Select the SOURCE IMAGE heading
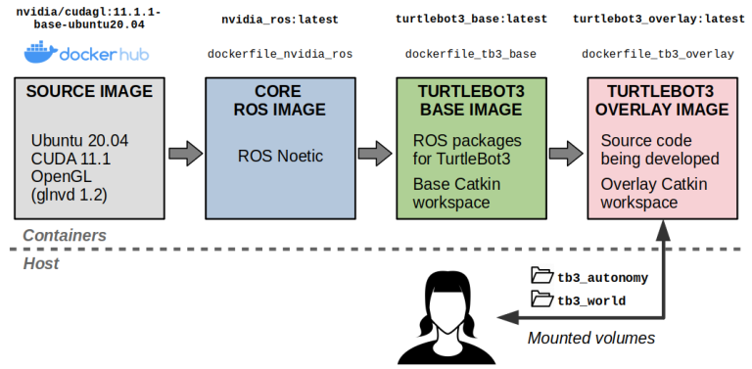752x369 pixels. coord(89,92)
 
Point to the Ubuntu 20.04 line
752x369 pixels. coord(79,141)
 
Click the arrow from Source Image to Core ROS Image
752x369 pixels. coord(184,154)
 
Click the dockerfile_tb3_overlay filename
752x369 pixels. coord(657,54)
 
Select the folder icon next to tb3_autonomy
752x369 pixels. coord(541,276)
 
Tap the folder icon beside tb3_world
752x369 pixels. coord(541,300)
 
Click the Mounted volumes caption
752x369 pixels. coord(591,339)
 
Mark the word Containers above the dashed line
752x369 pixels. coord(65,235)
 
